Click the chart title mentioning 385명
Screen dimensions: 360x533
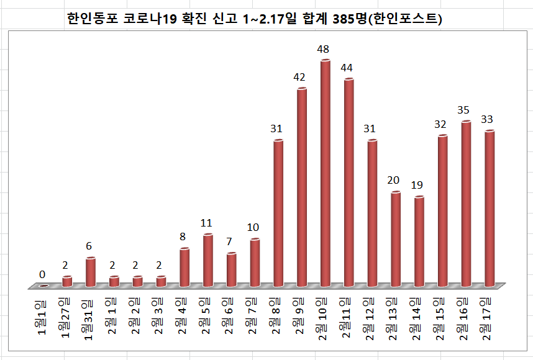(x=254, y=19)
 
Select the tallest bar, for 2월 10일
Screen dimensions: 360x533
(x=325, y=174)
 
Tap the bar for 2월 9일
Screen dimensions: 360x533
(x=302, y=186)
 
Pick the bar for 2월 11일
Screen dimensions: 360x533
(x=348, y=183)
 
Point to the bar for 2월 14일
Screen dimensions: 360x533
(x=419, y=242)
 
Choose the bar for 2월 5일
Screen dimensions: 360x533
(x=208, y=261)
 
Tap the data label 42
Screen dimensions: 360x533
(x=299, y=77)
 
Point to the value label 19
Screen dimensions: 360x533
(x=417, y=185)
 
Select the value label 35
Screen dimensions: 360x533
(x=463, y=110)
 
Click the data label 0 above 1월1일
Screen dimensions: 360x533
(x=42, y=274)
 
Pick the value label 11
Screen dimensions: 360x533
(x=206, y=223)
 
